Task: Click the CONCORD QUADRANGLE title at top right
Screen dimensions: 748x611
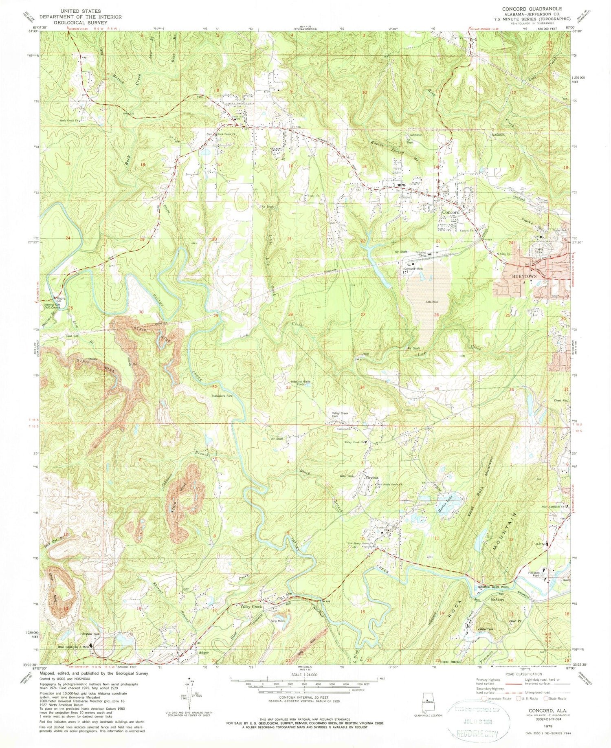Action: click(532, 9)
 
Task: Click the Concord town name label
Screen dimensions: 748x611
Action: click(451, 212)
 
